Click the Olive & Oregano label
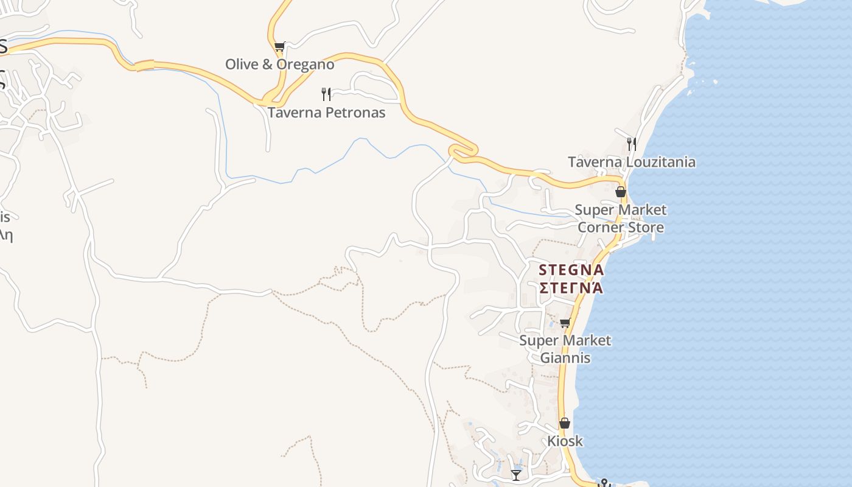(280, 65)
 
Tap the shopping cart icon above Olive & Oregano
(279, 46)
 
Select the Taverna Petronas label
(326, 113)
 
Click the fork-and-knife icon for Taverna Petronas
(326, 94)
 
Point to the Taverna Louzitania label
(631, 162)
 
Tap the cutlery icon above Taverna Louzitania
(632, 144)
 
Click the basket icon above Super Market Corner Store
(621, 192)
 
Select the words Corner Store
(620, 228)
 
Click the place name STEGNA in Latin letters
(571, 270)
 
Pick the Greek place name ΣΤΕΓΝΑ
(571, 287)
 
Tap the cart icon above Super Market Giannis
(565, 323)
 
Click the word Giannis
(565, 358)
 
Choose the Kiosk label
(565, 441)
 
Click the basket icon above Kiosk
(565, 422)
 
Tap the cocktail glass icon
(516, 474)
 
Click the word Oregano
(306, 65)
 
